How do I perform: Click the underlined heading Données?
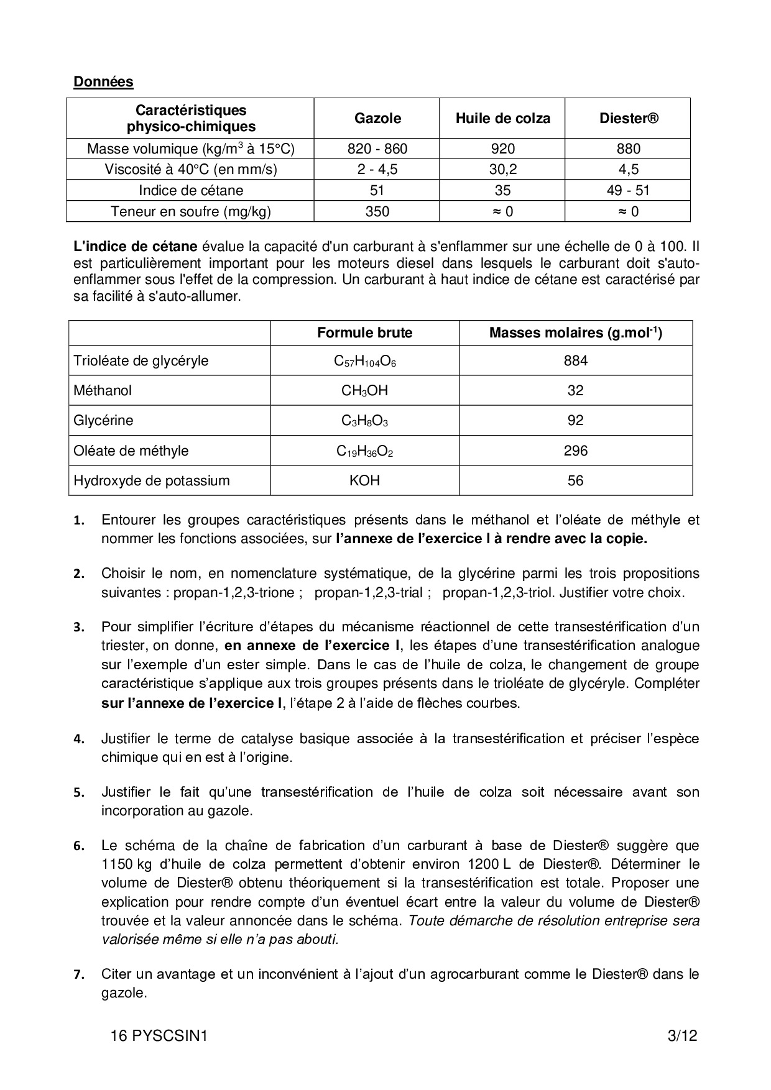pyautogui.click(x=103, y=81)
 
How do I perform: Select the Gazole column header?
pyautogui.click(x=377, y=118)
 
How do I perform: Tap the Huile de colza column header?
pyautogui.click(x=502, y=118)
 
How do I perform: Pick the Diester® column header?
pyautogui.click(x=628, y=118)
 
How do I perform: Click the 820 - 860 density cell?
pyautogui.click(x=377, y=149)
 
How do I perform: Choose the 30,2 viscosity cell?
pyautogui.click(x=502, y=169)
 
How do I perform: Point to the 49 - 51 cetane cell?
pyautogui.click(x=628, y=190)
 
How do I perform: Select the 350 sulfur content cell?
pyautogui.click(x=377, y=211)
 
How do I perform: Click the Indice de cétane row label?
pyautogui.click(x=191, y=190)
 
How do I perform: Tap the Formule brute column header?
pyautogui.click(x=364, y=332)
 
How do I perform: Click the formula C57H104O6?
pyautogui.click(x=364, y=361)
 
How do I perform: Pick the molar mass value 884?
pyautogui.click(x=575, y=360)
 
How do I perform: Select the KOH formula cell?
pyautogui.click(x=364, y=480)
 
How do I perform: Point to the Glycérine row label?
pyautogui.click(x=103, y=421)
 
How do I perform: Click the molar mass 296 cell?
pyautogui.click(x=575, y=451)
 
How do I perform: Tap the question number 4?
pyautogui.click(x=78, y=740)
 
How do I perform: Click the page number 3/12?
pyautogui.click(x=682, y=1036)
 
